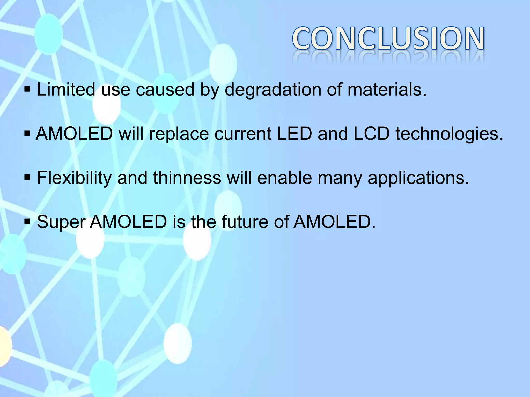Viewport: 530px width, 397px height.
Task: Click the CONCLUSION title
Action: pyautogui.click(x=388, y=39)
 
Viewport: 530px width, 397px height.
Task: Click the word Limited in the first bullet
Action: pyautogui.click(x=66, y=90)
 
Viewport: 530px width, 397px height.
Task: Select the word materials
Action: pyautogui.click(x=387, y=90)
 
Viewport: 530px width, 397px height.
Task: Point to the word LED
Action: pyautogui.click(x=294, y=134)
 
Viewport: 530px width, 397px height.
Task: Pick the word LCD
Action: pyautogui.click(x=371, y=134)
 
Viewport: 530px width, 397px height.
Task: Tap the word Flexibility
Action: pyautogui.click(x=74, y=178)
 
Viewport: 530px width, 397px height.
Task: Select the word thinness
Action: pyautogui.click(x=187, y=178)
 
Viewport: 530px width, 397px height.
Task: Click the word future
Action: pyautogui.click(x=246, y=222)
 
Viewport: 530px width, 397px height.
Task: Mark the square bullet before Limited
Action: pyautogui.click(x=27, y=90)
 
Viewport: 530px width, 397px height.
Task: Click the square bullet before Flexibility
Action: pyautogui.click(x=27, y=178)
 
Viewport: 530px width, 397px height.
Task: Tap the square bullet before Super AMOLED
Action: pyautogui.click(x=27, y=222)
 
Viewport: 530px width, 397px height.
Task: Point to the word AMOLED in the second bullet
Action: pyautogui.click(x=74, y=134)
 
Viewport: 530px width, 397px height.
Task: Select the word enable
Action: pyautogui.click(x=285, y=178)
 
